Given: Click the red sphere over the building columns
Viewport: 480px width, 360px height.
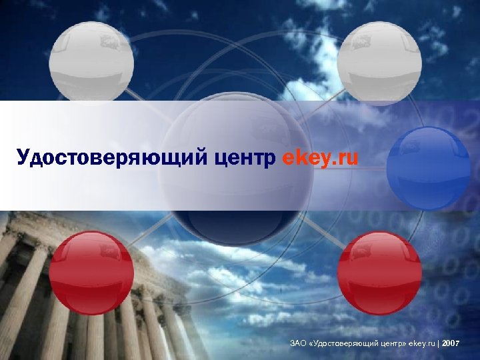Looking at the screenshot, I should (x=92, y=272).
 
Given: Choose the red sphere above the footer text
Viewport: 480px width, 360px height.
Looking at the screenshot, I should (x=379, y=272).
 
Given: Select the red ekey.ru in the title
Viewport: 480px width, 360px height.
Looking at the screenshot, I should (x=321, y=159).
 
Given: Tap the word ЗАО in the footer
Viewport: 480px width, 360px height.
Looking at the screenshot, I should (x=298, y=343).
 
